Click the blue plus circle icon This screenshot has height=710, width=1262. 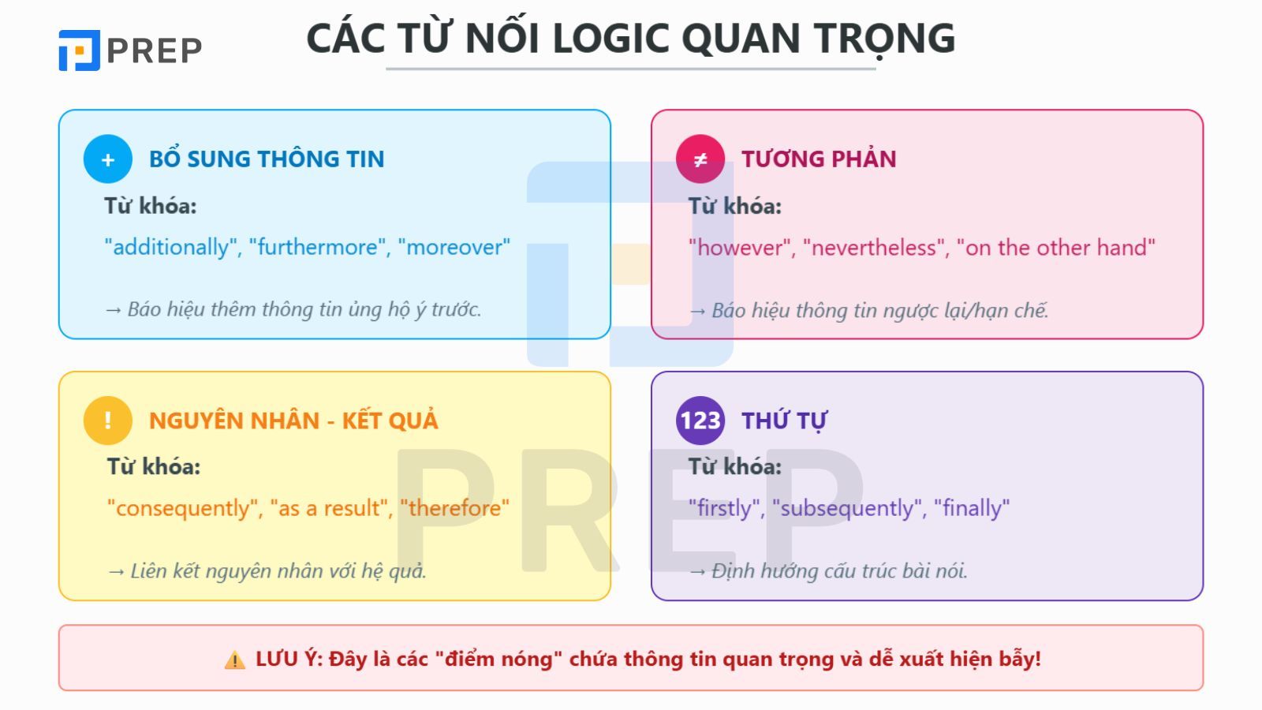[108, 159]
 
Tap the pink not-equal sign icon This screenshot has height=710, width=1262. [700, 159]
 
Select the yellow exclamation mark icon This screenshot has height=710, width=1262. [108, 420]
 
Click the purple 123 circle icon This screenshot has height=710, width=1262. [700, 420]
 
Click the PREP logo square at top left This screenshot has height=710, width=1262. [79, 50]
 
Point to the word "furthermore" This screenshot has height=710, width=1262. [316, 247]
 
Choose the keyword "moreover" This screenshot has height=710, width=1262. [454, 247]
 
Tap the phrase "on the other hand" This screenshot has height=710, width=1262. [1055, 248]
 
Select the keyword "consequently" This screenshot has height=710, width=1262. [183, 508]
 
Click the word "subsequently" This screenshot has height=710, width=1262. [846, 508]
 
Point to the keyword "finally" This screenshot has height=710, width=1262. [972, 508]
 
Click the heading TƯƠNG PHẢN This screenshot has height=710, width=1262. [818, 159]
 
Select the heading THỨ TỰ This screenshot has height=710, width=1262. [784, 421]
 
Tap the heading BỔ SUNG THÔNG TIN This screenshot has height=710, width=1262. [267, 159]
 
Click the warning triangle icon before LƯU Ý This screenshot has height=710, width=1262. [234, 660]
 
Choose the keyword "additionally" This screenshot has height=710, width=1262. [171, 247]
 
